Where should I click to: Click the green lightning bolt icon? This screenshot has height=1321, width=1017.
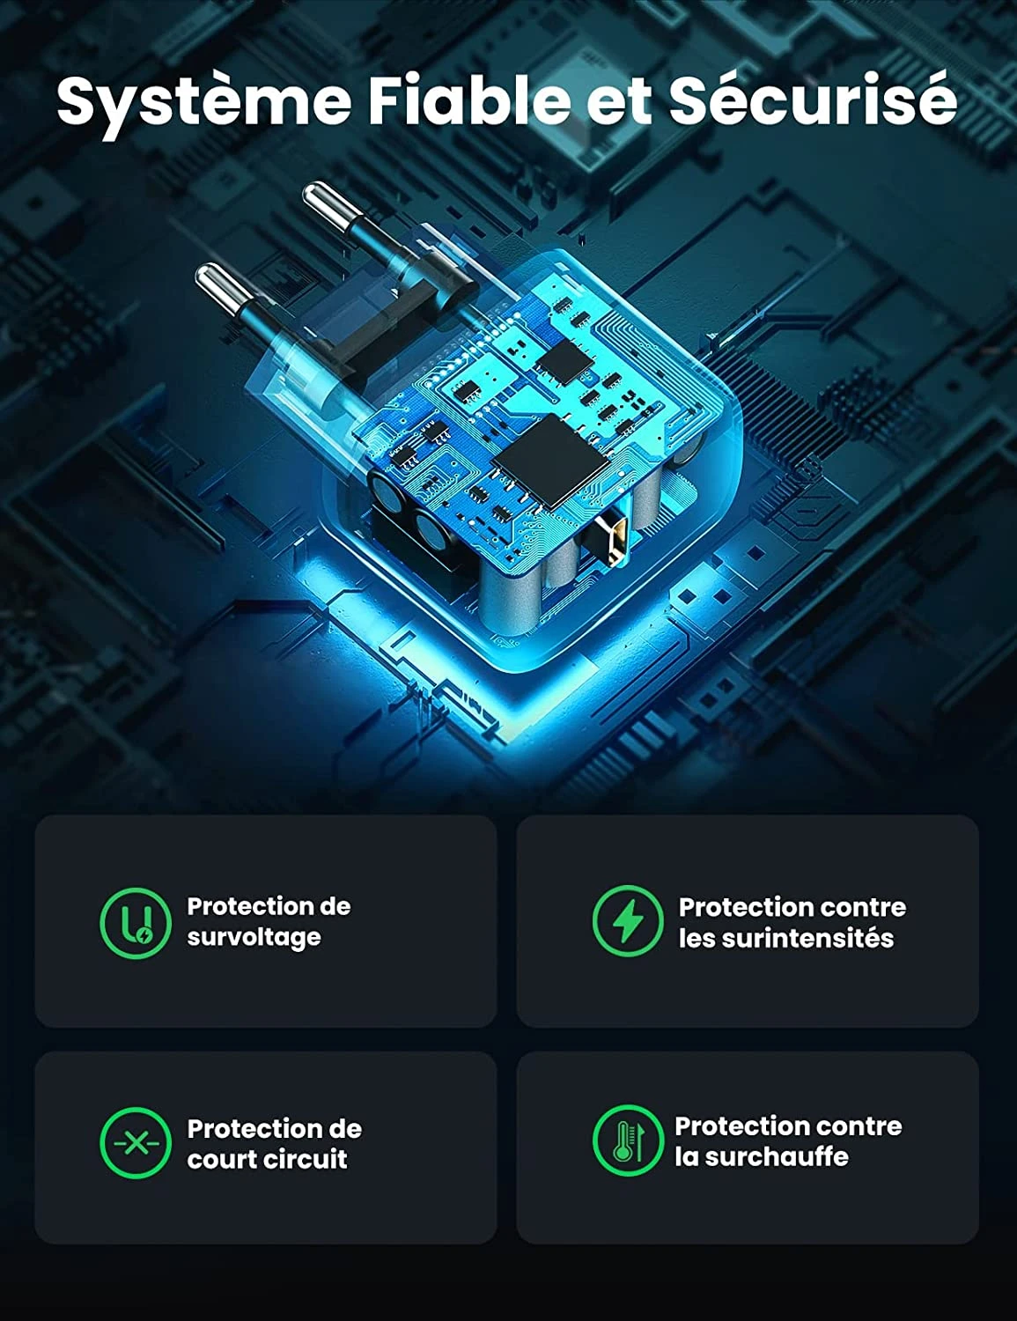pyautogui.click(x=628, y=920)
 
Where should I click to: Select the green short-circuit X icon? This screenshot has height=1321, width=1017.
pyautogui.click(x=136, y=1143)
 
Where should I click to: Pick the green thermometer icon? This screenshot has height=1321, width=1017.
pyautogui.click(x=628, y=1140)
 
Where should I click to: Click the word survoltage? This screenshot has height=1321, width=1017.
pyautogui.click(x=254, y=938)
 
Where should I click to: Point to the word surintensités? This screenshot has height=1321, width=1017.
pyautogui.click(x=786, y=938)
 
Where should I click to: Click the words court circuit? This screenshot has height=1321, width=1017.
pyautogui.click(x=268, y=1159)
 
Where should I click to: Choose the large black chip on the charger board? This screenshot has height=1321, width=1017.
pyautogui.click(x=550, y=462)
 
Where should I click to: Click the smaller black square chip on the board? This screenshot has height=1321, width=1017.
pyautogui.click(x=565, y=360)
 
